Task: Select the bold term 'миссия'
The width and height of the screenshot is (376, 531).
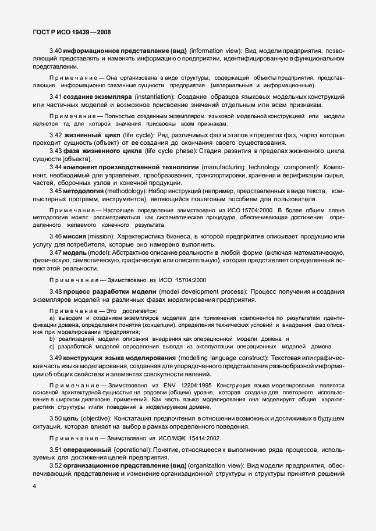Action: (x=76, y=236)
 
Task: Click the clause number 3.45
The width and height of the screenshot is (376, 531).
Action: (x=56, y=190)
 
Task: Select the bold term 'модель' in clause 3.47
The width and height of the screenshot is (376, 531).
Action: (x=76, y=254)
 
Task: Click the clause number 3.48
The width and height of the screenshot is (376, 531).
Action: (x=56, y=291)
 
